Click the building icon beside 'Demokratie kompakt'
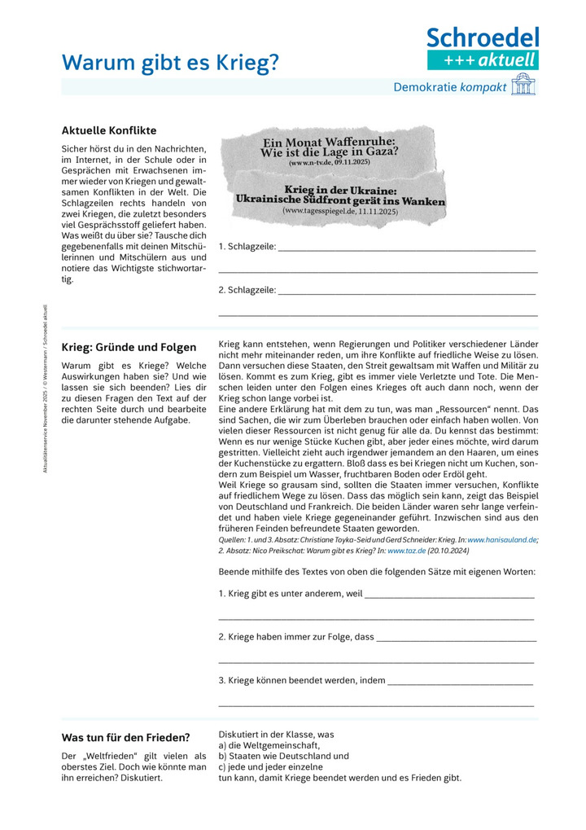pos(523,87)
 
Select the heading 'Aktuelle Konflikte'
pos(109,130)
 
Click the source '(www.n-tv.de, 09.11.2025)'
pos(329,163)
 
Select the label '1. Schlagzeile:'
pos(247,246)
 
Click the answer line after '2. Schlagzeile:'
pos(407,292)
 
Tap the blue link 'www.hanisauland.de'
pos(501,539)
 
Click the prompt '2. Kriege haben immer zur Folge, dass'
pos(296,637)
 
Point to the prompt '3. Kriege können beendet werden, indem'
pos(302,680)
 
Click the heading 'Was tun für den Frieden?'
pos(125,738)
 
